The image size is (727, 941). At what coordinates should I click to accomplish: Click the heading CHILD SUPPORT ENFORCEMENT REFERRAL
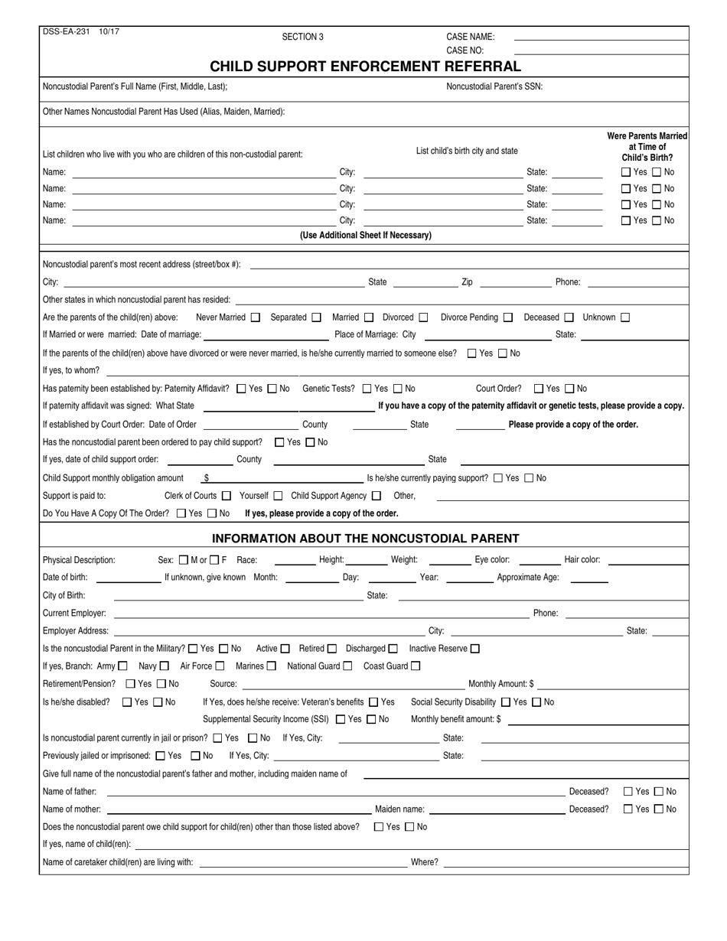tap(365, 67)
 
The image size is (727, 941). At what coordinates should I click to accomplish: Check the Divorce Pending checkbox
tap(507, 317)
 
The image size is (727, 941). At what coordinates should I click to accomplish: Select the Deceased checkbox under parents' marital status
tap(569, 317)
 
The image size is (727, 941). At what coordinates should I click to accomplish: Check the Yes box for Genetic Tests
tap(367, 389)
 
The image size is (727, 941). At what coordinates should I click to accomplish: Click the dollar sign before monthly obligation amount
tap(207, 478)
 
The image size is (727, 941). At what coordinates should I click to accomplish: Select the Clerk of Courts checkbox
tap(226, 496)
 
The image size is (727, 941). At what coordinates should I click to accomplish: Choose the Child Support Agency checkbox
tap(376, 496)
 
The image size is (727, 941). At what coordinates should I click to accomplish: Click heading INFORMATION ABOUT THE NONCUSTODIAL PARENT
tap(365, 539)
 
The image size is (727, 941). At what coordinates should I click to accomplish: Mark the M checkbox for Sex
tap(183, 560)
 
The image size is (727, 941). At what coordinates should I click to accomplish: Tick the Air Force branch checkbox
tap(220, 666)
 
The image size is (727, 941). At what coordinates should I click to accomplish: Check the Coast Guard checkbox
tap(416, 666)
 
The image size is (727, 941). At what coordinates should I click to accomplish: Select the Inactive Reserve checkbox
tap(475, 649)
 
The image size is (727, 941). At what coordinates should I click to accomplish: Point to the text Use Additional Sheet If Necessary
tap(365, 236)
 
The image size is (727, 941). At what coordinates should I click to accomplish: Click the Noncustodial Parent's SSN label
tap(494, 86)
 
